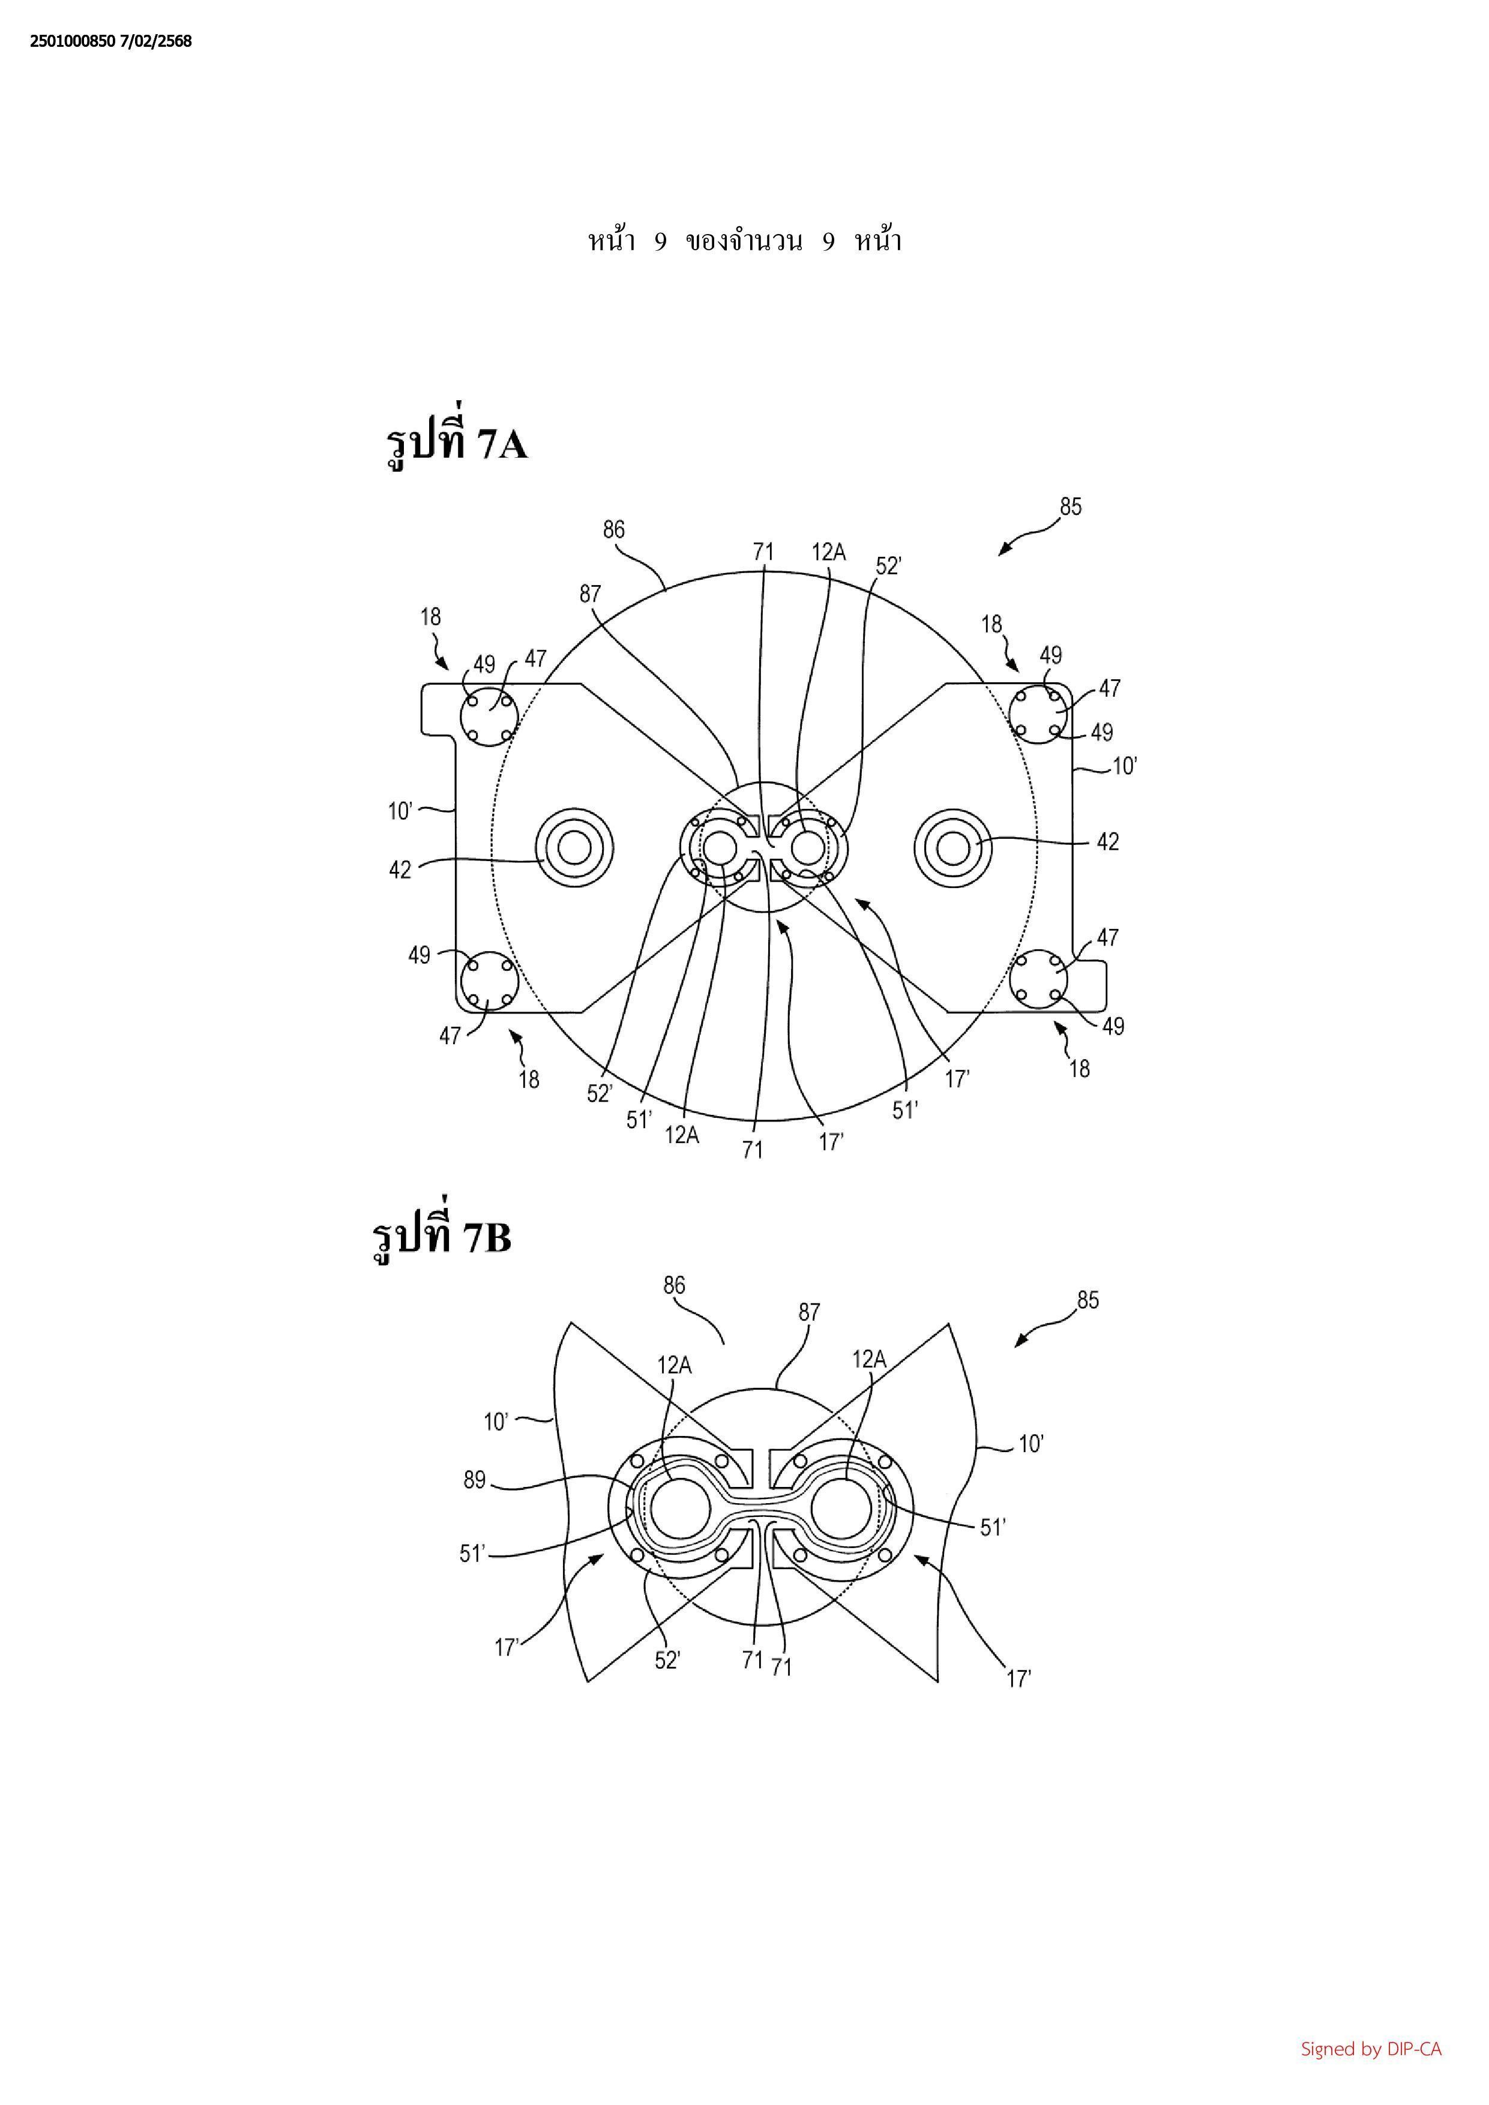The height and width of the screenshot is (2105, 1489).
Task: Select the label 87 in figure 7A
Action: click(x=589, y=593)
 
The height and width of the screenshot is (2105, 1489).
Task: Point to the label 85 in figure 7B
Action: click(x=1087, y=1300)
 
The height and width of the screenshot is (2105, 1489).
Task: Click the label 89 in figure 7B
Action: click(x=474, y=1480)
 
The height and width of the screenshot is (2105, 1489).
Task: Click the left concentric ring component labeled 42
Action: click(x=575, y=849)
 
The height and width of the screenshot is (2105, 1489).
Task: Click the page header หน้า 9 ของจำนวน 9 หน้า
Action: click(x=744, y=241)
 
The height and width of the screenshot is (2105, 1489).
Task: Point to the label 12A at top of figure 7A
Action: click(x=828, y=552)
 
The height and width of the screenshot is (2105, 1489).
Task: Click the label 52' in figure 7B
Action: click(x=667, y=1662)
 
